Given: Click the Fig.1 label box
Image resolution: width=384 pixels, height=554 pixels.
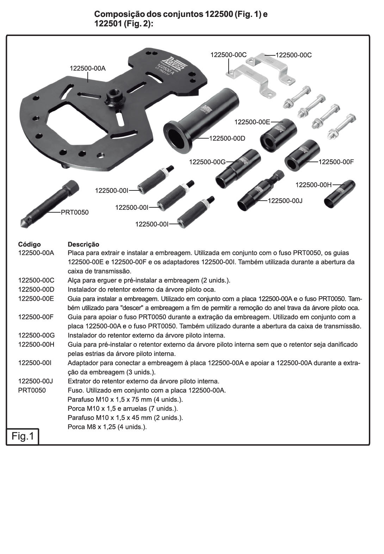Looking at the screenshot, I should [23, 436].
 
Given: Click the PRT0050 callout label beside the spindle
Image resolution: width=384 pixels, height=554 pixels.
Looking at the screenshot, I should [75, 212].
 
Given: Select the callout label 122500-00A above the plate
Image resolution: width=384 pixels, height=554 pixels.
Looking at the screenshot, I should [88, 68].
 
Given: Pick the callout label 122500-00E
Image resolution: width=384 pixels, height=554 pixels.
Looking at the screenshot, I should [252, 122].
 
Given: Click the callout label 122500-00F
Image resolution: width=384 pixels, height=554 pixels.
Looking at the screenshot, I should [336, 162].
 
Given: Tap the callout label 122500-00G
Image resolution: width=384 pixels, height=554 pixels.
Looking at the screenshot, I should [207, 162].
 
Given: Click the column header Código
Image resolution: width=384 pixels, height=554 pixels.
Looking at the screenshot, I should [29, 244].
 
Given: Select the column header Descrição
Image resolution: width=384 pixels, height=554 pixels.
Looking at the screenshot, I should [83, 244].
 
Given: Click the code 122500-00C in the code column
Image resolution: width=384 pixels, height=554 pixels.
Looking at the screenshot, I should [36, 280].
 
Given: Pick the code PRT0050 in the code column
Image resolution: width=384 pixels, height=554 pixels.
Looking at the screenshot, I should [32, 390].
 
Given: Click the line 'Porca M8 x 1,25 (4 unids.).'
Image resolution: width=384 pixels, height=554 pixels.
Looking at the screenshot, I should [107, 427].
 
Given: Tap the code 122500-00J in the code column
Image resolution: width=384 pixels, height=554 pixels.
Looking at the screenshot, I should [36, 381].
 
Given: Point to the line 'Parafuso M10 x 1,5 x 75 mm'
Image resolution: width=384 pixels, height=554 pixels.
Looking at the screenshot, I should [125, 400].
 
